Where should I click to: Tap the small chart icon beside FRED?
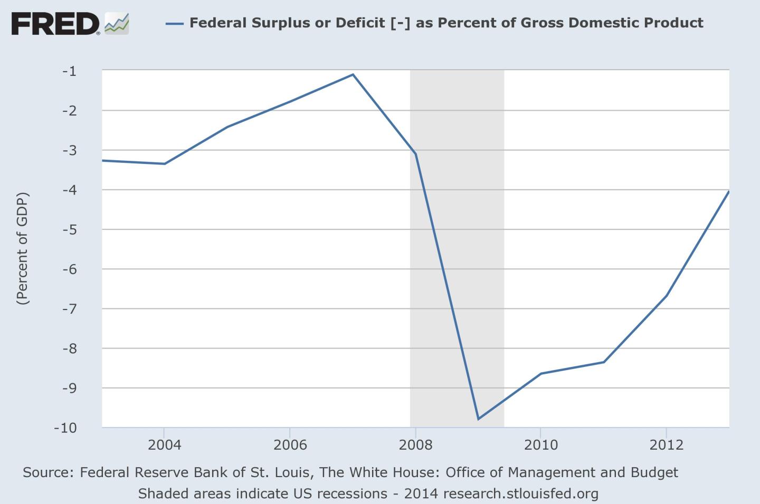[117, 24]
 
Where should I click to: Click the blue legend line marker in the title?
[174, 23]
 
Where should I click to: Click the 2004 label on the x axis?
[164, 445]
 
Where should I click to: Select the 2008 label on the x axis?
[415, 445]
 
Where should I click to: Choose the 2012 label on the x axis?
[667, 445]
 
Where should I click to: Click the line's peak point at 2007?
[353, 74]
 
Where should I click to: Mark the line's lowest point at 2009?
[478, 419]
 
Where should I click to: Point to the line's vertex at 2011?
[604, 362]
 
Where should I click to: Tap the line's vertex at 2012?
[667, 295]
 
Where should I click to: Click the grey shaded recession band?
[457, 237]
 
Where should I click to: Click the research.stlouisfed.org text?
[520, 494]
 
